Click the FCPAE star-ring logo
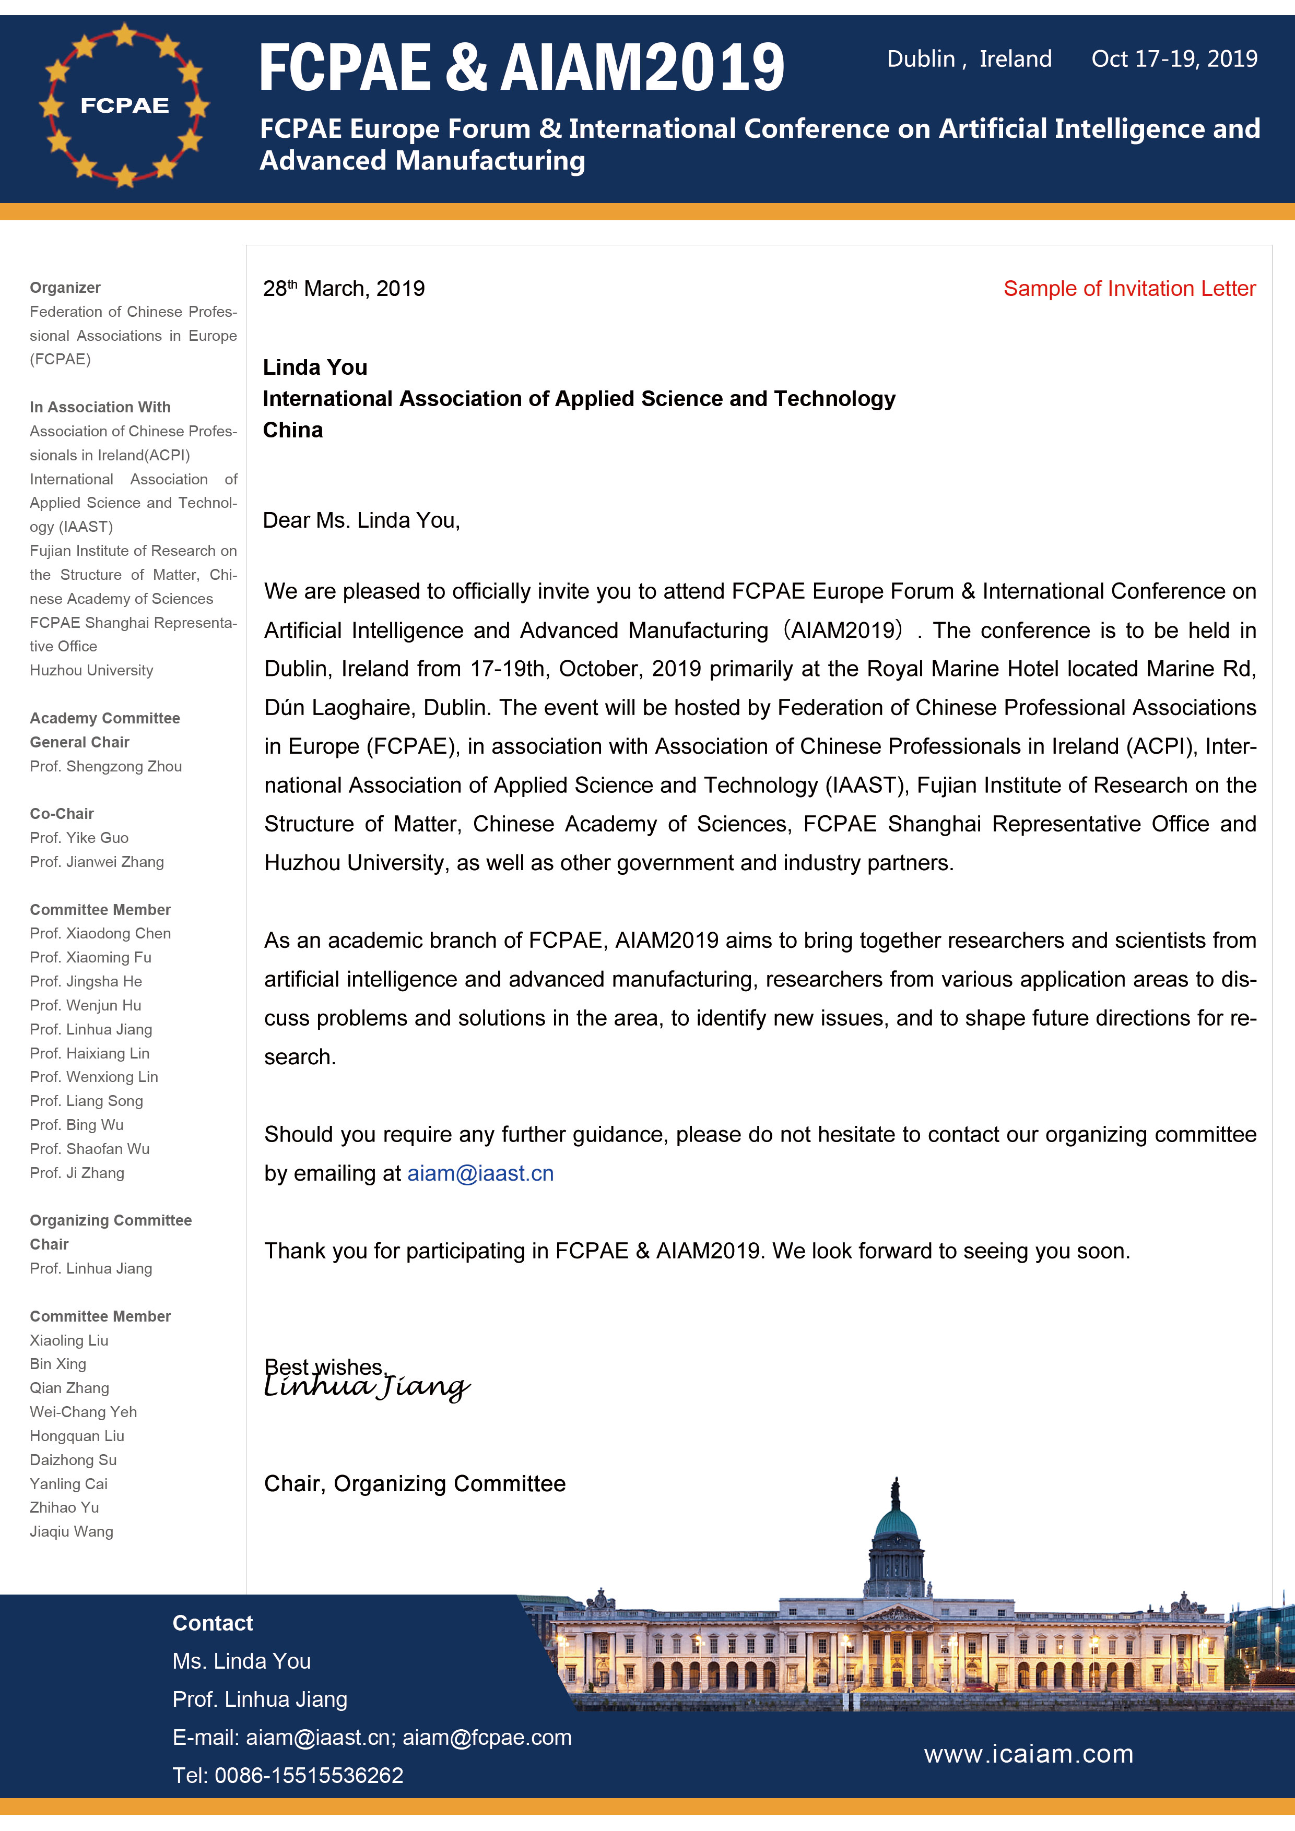coord(124,105)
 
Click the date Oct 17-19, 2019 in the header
coord(1174,59)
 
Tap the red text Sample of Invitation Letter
coord(1129,289)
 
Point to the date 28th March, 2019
coord(344,289)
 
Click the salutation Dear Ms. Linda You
coord(361,521)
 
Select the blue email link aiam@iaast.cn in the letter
coord(480,1173)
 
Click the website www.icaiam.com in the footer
coord(1029,1754)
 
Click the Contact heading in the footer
coord(212,1623)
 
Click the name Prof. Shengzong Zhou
coord(106,766)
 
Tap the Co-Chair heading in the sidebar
coord(62,813)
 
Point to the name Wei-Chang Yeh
coord(84,1411)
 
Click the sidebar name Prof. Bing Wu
coord(77,1124)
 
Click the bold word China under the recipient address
coord(293,431)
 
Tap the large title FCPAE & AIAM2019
coord(522,68)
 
